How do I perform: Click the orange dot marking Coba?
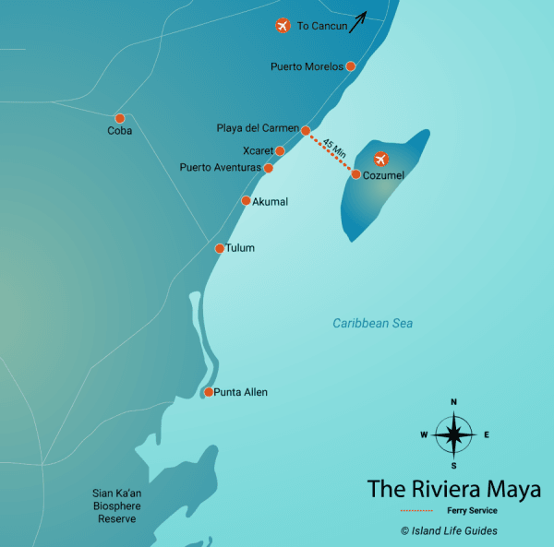pos(119,118)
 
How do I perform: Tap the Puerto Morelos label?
pos(307,66)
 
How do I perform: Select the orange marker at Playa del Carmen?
pos(306,130)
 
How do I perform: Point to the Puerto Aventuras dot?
pos(268,169)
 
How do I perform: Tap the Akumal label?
pos(271,201)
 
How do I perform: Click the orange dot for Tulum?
pos(219,248)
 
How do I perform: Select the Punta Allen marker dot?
pos(209,392)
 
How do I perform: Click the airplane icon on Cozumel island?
pos(380,159)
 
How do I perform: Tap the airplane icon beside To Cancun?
pos(283,26)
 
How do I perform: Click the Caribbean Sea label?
pos(373,324)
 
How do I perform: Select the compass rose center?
pos(453,434)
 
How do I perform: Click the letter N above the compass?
pos(453,402)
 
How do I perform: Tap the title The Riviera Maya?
pos(453,488)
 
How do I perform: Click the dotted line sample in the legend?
pos(416,510)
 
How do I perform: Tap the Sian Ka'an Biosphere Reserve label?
pos(117,505)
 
